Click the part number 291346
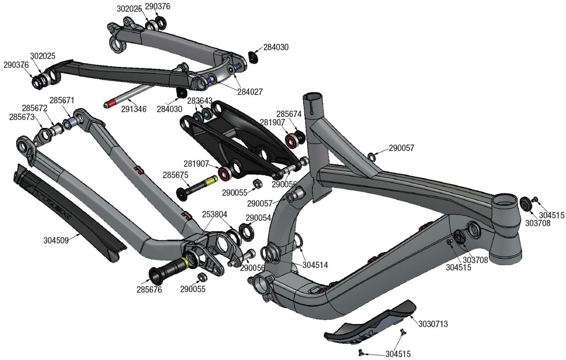(x=133, y=109)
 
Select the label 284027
(x=250, y=91)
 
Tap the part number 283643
(x=199, y=101)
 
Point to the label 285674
(x=288, y=114)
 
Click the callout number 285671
(x=62, y=100)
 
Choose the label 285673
(x=22, y=117)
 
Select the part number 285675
(x=175, y=175)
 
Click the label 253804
(x=215, y=214)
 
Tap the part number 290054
(x=258, y=217)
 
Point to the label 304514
(x=315, y=265)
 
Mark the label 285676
(x=149, y=290)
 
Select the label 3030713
(x=433, y=324)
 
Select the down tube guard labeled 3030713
(x=374, y=322)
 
